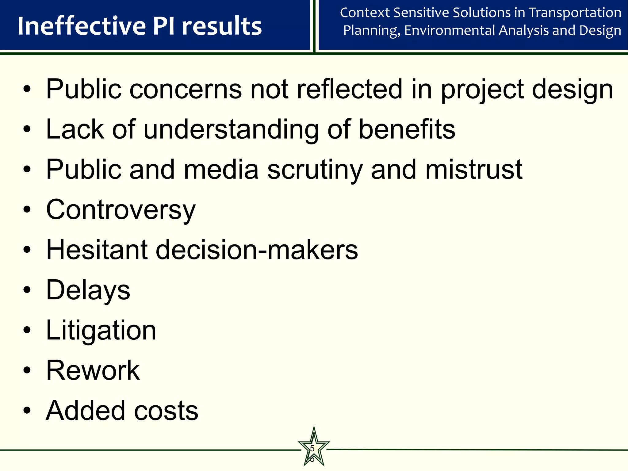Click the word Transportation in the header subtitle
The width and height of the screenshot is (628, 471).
pos(575,13)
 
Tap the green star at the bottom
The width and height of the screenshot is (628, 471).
pos(314,448)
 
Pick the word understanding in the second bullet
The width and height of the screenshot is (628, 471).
pos(231,129)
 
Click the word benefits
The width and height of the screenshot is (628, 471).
pos(407,129)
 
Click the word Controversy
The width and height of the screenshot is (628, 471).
pos(121,210)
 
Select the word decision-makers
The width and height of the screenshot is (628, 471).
pos(257,250)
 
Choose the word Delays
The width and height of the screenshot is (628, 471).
pos(88,290)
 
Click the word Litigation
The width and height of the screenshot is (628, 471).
pos(101,330)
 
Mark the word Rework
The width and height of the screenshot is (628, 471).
pos(93,370)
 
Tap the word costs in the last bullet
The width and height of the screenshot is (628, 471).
pos(166,411)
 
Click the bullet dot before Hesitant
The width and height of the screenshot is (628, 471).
pos(27,250)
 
